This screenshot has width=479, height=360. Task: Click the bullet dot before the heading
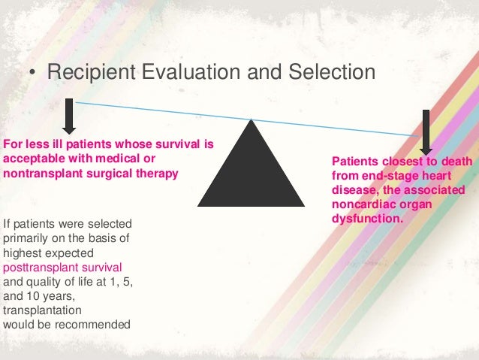tap(32, 74)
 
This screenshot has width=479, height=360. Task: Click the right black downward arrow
tap(426, 132)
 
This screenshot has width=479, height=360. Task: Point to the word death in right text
tap(456, 162)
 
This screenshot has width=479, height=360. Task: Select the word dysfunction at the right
tap(367, 219)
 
